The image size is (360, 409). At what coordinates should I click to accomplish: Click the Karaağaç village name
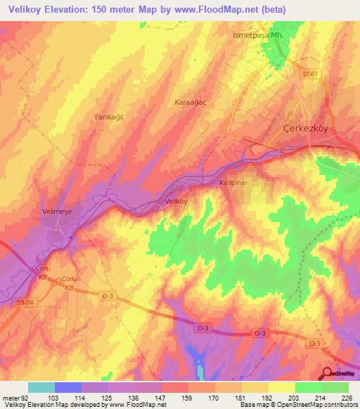[190, 102]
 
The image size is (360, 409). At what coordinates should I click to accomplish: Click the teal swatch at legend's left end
[41, 387]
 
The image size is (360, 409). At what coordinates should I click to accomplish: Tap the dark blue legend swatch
[67, 387]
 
